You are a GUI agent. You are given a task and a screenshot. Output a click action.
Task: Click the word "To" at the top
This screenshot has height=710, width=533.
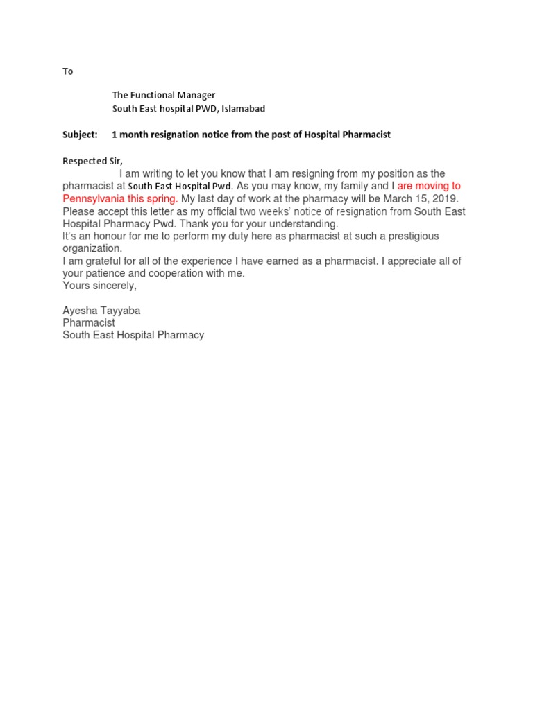click(x=67, y=72)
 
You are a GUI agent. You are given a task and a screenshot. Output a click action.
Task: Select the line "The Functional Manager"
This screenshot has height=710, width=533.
click(x=164, y=96)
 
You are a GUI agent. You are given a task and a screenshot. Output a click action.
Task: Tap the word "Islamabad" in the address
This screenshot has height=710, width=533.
click(x=243, y=109)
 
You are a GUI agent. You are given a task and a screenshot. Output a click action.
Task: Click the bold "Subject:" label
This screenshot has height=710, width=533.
click(x=80, y=135)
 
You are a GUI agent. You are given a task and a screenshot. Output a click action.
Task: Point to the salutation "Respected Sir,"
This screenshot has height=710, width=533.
click(x=92, y=161)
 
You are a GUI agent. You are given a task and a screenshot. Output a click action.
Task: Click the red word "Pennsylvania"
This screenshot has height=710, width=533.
click(x=94, y=199)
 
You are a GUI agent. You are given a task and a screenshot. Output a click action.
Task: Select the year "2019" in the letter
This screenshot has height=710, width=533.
click(x=444, y=199)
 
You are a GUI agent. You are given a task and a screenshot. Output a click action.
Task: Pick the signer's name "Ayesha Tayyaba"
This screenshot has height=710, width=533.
click(x=101, y=311)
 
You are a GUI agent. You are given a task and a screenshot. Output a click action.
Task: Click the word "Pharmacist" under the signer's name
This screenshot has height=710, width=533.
click(x=89, y=323)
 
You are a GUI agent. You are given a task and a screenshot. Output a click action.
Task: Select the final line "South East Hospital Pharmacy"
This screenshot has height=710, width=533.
click(x=133, y=336)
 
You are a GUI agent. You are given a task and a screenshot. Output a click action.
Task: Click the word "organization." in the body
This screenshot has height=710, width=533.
click(x=92, y=249)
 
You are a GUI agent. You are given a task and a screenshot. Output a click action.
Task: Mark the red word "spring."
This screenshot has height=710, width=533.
click(x=161, y=199)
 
